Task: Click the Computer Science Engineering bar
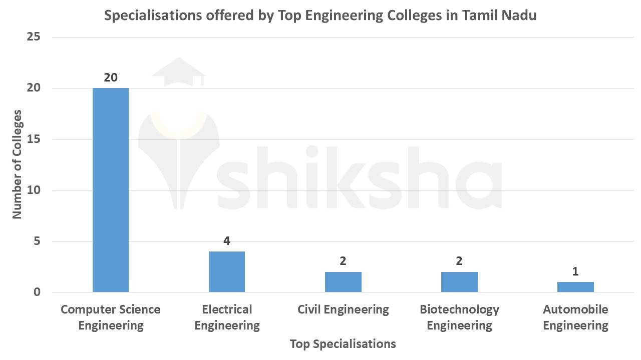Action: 111,190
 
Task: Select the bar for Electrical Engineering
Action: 227,271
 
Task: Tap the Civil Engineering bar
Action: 343,282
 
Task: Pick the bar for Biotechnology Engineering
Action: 459,282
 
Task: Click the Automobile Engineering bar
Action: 575,287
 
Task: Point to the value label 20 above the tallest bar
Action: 111,77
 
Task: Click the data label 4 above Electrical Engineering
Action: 227,241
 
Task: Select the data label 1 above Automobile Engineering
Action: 575,271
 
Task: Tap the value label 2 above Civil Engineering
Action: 343,261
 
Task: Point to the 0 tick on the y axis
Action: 37,292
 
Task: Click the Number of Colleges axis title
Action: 18,164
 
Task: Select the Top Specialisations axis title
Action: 343,344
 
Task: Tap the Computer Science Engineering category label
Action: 111,317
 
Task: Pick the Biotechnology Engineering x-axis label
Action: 459,317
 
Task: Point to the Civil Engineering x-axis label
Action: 343,309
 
